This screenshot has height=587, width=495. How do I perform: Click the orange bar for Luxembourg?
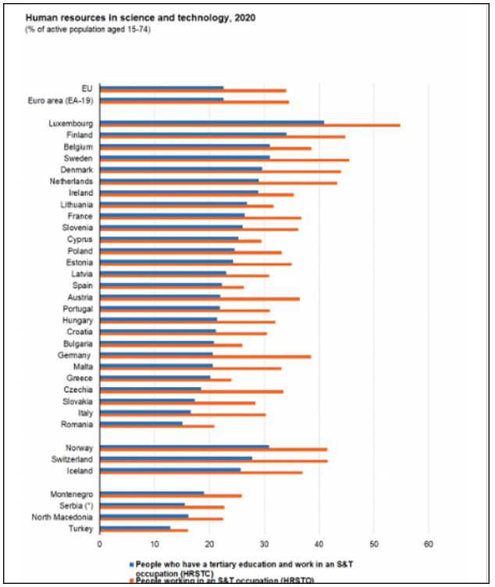(250, 125)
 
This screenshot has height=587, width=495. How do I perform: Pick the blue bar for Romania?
(141, 423)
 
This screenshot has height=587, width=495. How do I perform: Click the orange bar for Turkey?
(144, 531)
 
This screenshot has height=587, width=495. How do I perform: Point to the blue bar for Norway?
(184, 446)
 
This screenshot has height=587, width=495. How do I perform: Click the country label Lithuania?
(77, 204)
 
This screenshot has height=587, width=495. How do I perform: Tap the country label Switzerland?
(71, 460)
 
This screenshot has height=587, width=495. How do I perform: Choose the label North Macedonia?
(62, 517)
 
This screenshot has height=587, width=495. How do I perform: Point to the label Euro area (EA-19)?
(60, 101)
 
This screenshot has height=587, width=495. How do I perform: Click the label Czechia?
(78, 389)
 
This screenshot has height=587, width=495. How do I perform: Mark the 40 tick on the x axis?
(319, 543)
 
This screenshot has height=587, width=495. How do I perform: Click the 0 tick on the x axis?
(100, 543)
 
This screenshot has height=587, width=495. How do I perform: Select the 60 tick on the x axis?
(429, 543)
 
